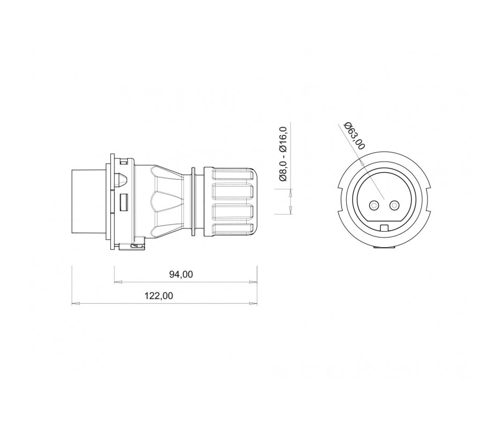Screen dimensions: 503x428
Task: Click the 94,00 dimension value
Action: [181, 274]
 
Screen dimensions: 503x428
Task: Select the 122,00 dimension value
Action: [158, 295]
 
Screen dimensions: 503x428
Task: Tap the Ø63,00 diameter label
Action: [354, 136]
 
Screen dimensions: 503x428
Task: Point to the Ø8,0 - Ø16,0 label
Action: [283, 154]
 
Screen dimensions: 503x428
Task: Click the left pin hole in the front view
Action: [374, 205]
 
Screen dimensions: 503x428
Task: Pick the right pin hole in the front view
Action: [394, 205]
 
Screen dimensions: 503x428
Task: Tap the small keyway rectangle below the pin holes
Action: [384, 228]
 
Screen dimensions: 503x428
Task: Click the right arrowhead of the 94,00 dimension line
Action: [254, 282]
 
